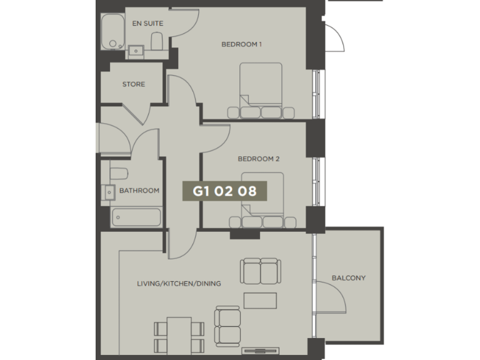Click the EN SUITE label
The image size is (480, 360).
click(147, 24)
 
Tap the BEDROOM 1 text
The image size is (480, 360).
click(241, 44)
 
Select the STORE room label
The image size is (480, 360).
click(134, 84)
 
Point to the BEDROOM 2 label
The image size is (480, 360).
click(258, 159)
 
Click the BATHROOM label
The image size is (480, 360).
click(139, 191)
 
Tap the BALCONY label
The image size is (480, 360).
click(349, 278)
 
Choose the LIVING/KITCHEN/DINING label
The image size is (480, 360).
click(179, 284)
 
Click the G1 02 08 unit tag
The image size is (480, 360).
click(225, 191)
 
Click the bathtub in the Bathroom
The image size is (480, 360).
click(136, 217)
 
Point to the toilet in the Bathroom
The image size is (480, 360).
click(119, 173)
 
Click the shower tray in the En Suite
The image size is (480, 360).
click(114, 33)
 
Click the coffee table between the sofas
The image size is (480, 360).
click(260, 301)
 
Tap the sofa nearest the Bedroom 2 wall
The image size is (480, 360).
click(259, 271)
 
